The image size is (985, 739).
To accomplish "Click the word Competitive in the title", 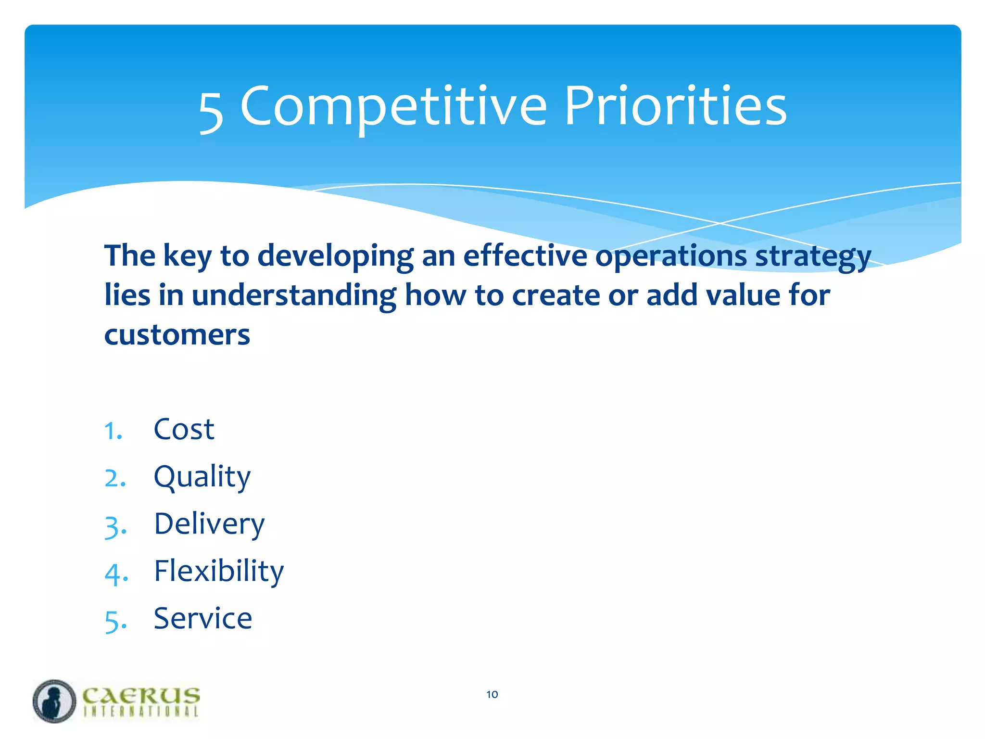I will [393, 107].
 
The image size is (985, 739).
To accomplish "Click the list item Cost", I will [184, 429].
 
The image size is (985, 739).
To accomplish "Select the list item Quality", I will [202, 477].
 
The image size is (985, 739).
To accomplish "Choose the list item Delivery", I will [209, 524].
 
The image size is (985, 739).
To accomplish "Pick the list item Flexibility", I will [219, 572].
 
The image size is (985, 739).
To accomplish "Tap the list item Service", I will [202, 619].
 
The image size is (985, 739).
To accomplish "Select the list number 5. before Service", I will [115, 621].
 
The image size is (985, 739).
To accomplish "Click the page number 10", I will [492, 694].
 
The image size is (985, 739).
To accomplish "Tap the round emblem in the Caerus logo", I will [54, 701].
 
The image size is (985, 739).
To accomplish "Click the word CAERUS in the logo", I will [141, 696].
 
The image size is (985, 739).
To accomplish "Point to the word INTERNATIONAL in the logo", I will [141, 712].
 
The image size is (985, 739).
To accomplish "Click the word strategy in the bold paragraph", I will [813, 256].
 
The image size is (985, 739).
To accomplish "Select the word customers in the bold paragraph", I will [177, 335].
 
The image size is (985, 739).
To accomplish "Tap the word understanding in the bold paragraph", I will [294, 295].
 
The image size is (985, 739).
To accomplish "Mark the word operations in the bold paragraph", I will [671, 256].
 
